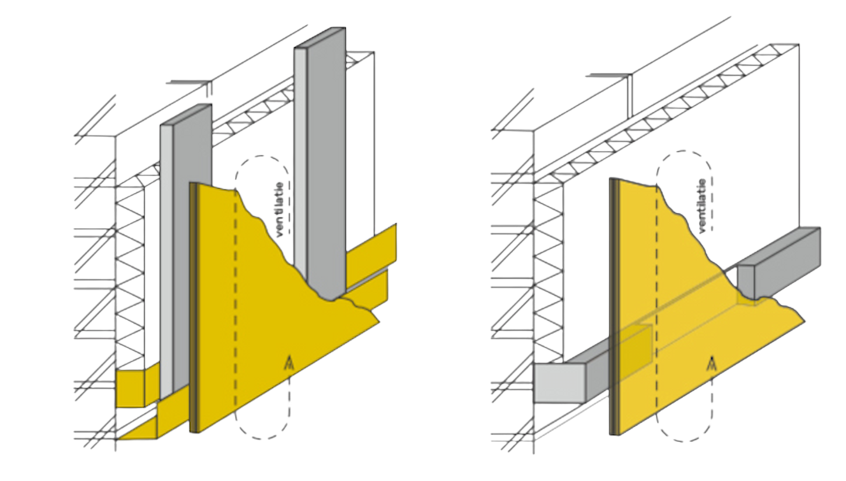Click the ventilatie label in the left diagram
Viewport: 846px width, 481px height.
tap(280, 210)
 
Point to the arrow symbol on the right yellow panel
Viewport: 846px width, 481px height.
tap(712, 363)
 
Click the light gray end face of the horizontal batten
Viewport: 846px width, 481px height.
tap(559, 384)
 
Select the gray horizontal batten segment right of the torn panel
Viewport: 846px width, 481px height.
tap(780, 259)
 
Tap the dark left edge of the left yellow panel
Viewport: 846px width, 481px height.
tap(193, 308)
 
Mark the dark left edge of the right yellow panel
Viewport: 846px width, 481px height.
tap(613, 308)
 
